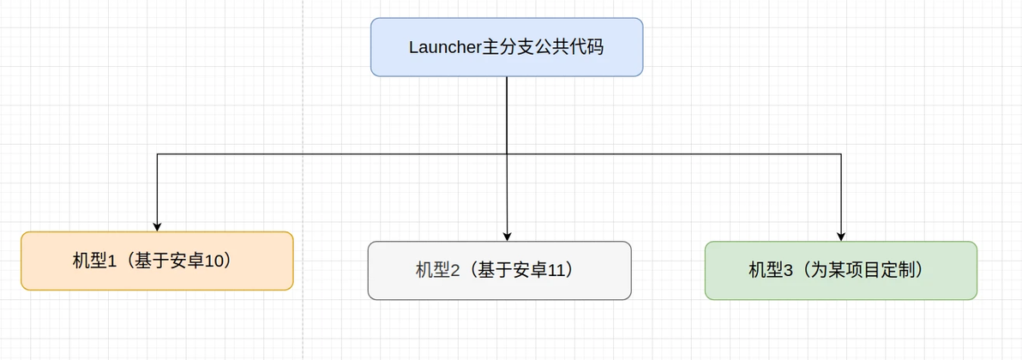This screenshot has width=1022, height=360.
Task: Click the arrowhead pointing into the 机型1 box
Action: click(157, 226)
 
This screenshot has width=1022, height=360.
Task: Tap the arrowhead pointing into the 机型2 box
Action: click(507, 236)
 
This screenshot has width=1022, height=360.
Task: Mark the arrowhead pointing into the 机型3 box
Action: click(841, 236)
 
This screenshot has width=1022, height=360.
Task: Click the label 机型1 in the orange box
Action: click(94, 261)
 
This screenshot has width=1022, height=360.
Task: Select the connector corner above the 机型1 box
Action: click(157, 154)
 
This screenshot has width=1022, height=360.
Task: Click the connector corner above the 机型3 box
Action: click(841, 154)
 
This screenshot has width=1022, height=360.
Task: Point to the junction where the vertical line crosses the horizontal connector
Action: click(507, 154)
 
